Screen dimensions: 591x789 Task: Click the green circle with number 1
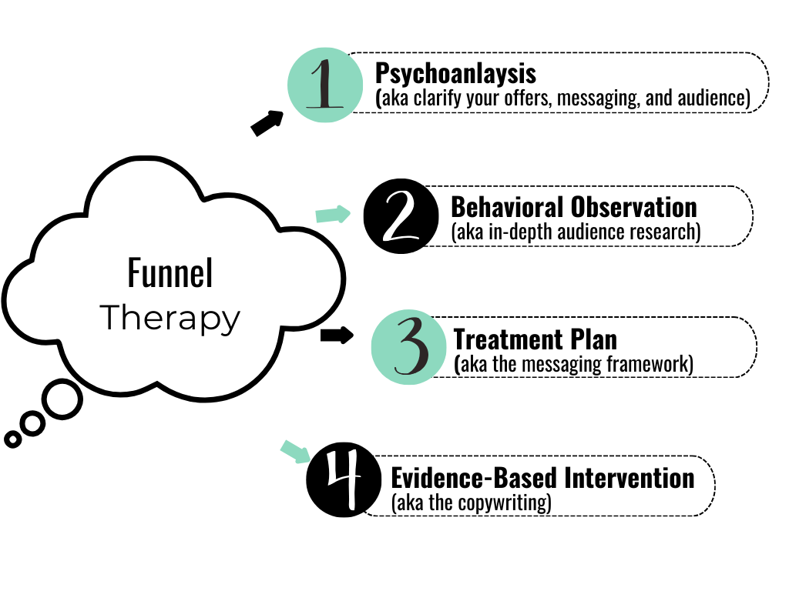point(324,85)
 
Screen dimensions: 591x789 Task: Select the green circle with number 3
point(408,348)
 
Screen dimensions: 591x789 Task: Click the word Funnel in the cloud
point(170,275)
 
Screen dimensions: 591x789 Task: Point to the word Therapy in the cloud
point(170,318)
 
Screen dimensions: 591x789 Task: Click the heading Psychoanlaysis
point(455,75)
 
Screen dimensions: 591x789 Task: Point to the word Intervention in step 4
point(630,478)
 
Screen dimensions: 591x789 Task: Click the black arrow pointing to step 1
point(267,123)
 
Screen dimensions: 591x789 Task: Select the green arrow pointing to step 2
point(333,215)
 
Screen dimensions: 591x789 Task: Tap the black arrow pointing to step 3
point(336,335)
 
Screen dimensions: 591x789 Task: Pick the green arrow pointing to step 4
point(294,452)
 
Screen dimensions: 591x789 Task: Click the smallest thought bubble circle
point(12,439)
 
